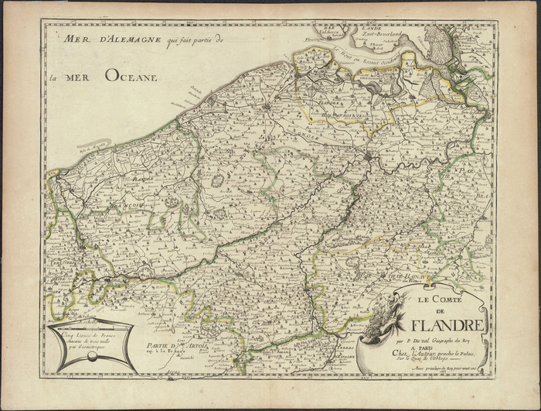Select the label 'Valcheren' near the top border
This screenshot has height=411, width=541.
pyautogui.click(x=332, y=31)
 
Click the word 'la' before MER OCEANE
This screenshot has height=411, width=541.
pyautogui.click(x=52, y=77)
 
